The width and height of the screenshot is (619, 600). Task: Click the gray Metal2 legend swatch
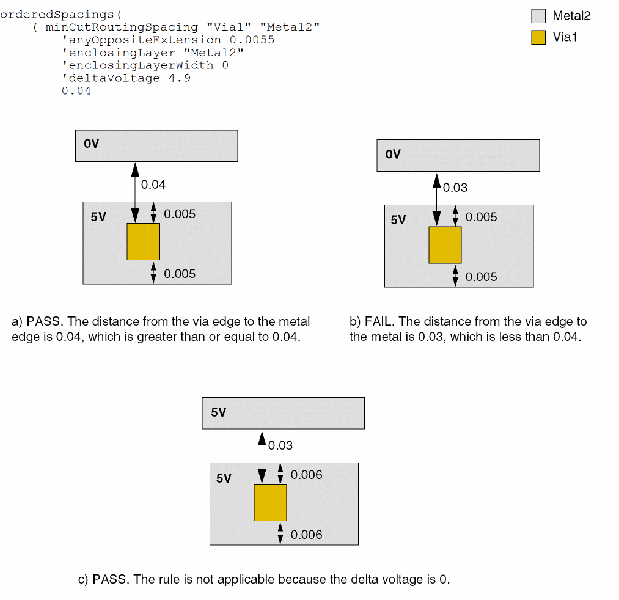click(x=538, y=16)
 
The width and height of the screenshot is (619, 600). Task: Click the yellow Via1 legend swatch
click(x=538, y=37)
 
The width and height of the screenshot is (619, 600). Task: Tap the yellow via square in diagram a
click(x=143, y=241)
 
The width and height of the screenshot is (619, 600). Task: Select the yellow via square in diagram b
click(x=445, y=245)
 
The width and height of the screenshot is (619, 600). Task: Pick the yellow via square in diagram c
click(x=270, y=503)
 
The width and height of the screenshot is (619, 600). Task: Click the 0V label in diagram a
click(x=92, y=144)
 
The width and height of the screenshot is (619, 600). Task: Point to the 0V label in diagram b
click(x=393, y=155)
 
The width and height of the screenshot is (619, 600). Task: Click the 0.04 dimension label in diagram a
click(x=153, y=185)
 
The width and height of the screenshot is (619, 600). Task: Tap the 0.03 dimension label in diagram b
click(x=455, y=188)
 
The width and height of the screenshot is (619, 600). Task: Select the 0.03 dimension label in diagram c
click(x=280, y=445)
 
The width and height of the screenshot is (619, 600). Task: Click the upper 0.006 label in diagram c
click(x=306, y=475)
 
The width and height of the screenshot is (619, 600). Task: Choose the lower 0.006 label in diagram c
click(x=306, y=535)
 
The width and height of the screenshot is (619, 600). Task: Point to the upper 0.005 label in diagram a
click(x=180, y=214)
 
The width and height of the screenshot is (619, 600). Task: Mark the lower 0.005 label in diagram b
click(x=482, y=277)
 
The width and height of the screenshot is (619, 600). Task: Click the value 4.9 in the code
click(x=180, y=78)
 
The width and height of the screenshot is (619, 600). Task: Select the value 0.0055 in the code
click(x=252, y=40)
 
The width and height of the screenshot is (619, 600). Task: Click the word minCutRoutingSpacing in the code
click(x=122, y=27)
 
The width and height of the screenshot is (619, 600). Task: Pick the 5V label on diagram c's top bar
click(x=219, y=412)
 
